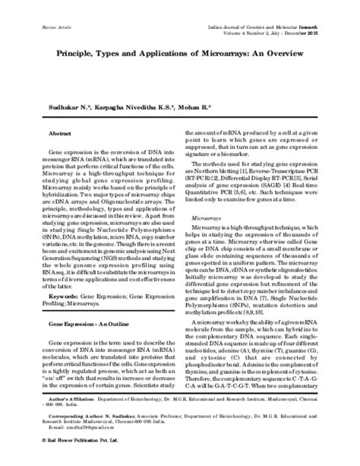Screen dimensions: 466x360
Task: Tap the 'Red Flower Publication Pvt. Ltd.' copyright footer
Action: click(65, 459)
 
